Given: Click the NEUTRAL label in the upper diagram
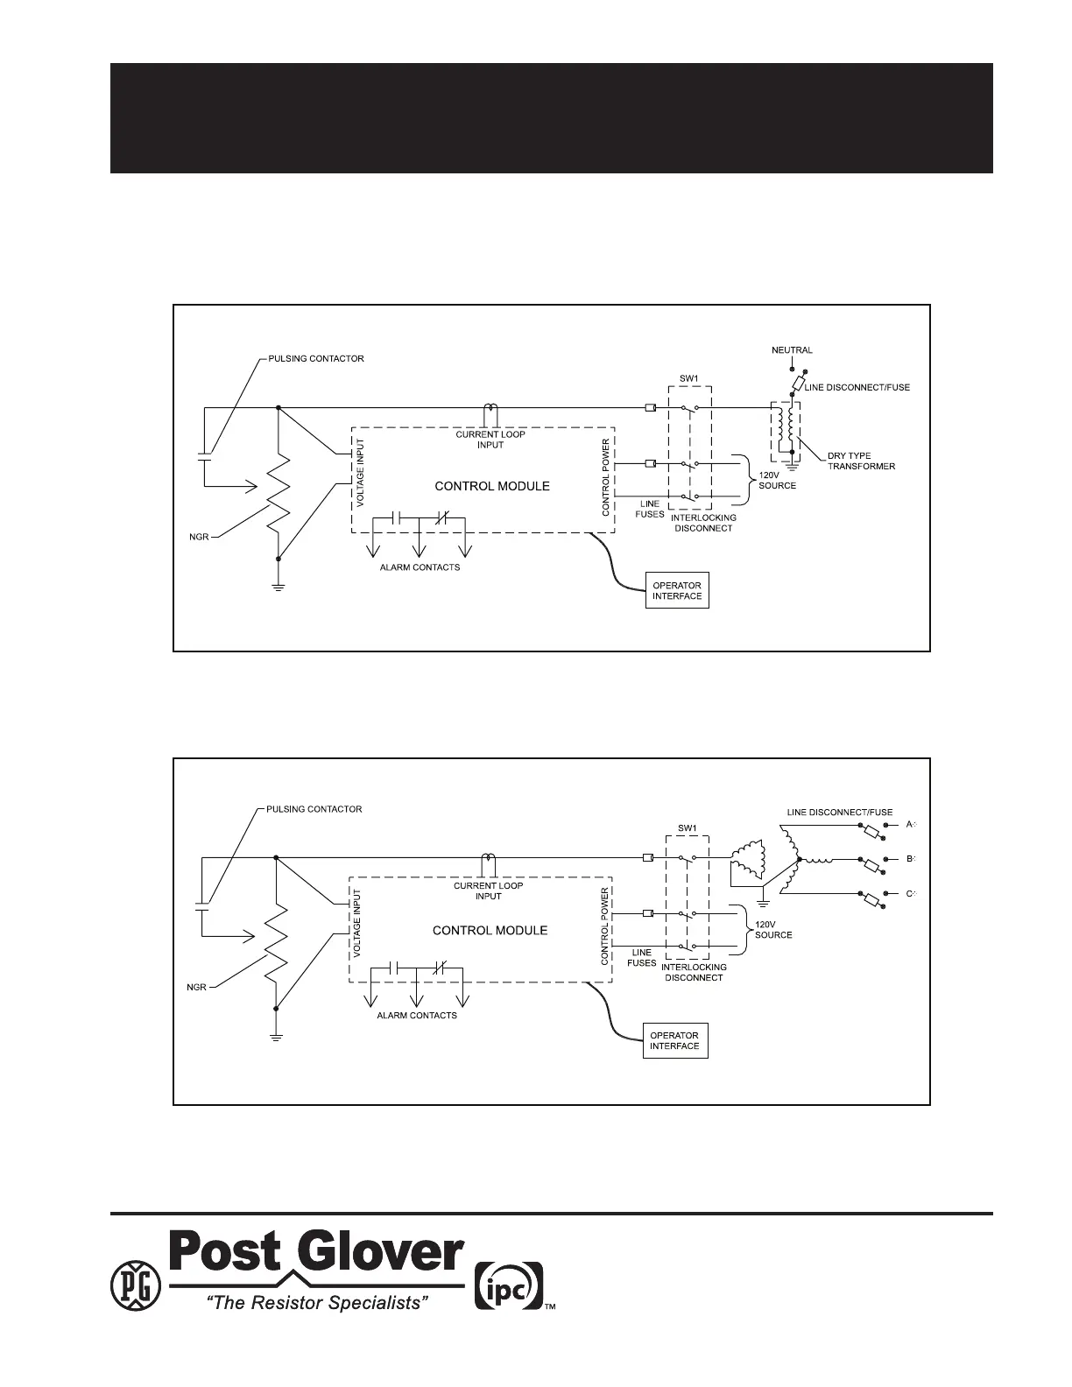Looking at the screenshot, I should [792, 350].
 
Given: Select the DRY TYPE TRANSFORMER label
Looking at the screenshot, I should [861, 461].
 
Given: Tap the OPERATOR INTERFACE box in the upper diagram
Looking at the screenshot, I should [677, 591].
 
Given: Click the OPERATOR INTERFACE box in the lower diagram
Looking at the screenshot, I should [674, 1040].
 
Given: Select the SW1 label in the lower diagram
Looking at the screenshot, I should [687, 828].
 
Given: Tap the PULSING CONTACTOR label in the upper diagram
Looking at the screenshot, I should [316, 359].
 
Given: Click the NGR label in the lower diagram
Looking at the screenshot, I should [196, 987].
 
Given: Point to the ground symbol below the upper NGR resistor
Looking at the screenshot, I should [279, 587].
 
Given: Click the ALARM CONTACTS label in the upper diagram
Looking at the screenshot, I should [420, 567].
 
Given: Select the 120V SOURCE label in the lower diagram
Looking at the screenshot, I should [773, 930].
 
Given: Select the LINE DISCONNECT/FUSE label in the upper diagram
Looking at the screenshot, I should [857, 388].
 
